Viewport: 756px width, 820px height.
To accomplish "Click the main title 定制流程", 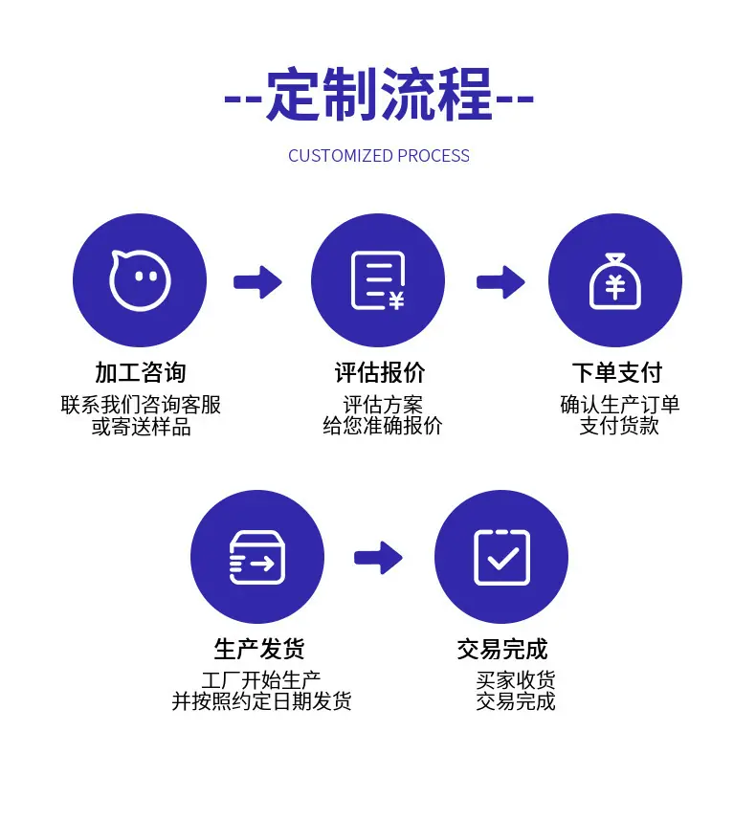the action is pos(379,95).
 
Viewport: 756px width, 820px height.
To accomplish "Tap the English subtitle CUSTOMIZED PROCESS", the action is pos(379,156).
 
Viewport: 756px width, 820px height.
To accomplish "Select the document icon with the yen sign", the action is pos(378,280).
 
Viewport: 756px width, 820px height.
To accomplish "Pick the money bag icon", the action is pos(614,281).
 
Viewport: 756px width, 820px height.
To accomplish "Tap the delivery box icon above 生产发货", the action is pos(256,558).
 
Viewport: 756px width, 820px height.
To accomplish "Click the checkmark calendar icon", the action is pos(501,558).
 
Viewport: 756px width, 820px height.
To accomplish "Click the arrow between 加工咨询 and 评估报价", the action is pos(257,282).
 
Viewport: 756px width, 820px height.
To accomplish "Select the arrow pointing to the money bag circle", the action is pos(500,282).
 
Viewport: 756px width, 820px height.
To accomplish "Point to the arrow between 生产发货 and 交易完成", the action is pos(378,558).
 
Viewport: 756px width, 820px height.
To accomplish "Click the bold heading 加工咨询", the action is pos(141,372).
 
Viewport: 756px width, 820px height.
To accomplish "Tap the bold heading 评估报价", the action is pos(379,372).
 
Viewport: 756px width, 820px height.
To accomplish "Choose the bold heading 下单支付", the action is pos(617,372).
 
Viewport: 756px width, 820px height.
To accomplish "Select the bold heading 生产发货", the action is pos(259,649).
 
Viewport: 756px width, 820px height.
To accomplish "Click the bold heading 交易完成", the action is pos(502,649).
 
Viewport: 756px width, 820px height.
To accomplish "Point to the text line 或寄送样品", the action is pos(142,427).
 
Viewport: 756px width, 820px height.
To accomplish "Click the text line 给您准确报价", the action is pos(383,426).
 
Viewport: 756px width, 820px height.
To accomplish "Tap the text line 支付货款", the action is pos(619,426).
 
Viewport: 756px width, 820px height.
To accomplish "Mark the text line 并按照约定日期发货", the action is pos(261,701).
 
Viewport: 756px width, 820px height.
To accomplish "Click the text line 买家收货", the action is pos(516,680).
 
